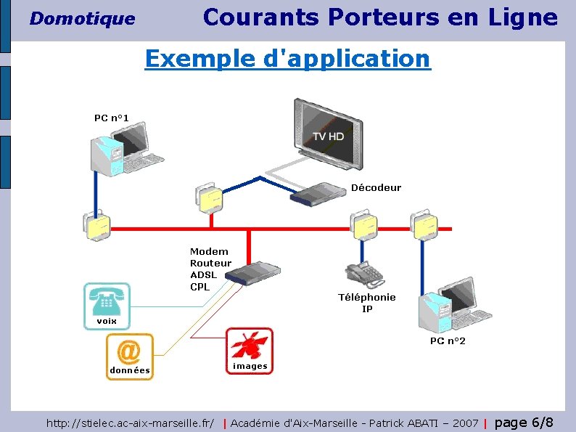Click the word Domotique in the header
pyautogui.click(x=82, y=19)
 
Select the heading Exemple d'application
pyautogui.click(x=287, y=58)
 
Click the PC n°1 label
pyautogui.click(x=111, y=118)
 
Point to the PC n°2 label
pyautogui.click(x=448, y=341)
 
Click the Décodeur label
pyautogui.click(x=376, y=187)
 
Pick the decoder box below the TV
pyautogui.click(x=318, y=194)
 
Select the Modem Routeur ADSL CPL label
pyautogui.click(x=210, y=269)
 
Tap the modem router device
pyautogui.click(x=252, y=274)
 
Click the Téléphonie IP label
pyautogui.click(x=367, y=303)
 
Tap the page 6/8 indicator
pyautogui.click(x=524, y=423)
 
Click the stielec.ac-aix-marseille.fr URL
pyautogui.click(x=131, y=423)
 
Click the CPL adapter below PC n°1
pyautogui.click(x=95, y=226)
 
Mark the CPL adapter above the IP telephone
pyautogui.click(x=363, y=224)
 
